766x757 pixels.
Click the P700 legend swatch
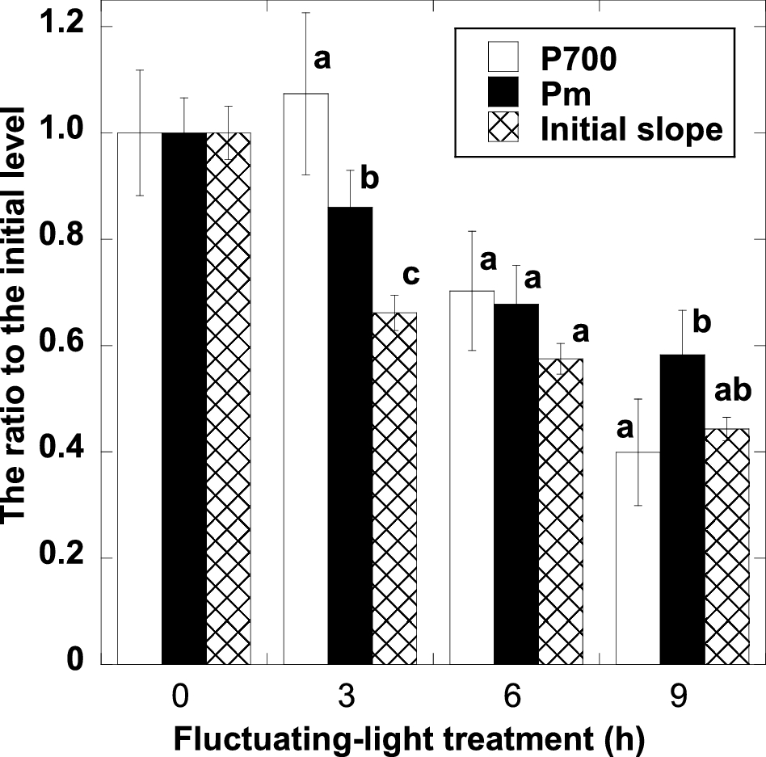click(502, 62)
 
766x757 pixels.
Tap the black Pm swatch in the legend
click(502, 95)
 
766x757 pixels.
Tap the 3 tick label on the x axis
click(351, 696)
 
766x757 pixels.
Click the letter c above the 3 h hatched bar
click(410, 274)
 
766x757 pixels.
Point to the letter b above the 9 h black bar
click(701, 322)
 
